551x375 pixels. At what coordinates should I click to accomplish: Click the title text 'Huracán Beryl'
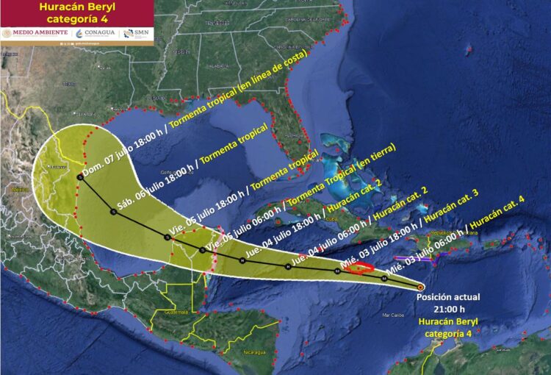[x=77, y=8]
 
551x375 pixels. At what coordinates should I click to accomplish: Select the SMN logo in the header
[x=135, y=32]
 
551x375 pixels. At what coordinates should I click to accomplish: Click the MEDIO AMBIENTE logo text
[x=35, y=32]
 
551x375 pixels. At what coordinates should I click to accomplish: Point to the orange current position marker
[x=420, y=287]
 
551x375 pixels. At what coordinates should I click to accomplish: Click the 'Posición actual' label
[x=448, y=298]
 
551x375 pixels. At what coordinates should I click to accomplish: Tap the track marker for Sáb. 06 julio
[x=113, y=212]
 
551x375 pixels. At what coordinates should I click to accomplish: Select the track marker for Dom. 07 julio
[x=79, y=176]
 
